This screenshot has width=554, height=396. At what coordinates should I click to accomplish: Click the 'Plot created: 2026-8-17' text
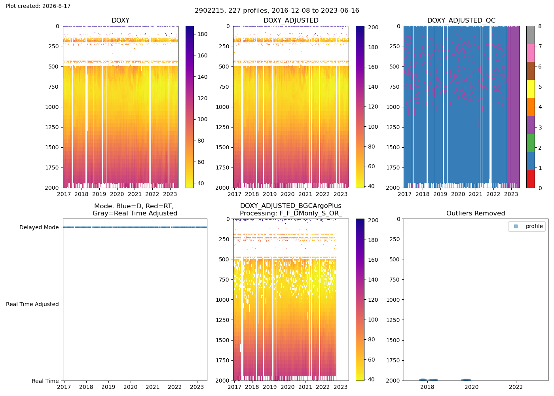38,6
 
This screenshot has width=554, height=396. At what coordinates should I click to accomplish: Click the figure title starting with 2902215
277,10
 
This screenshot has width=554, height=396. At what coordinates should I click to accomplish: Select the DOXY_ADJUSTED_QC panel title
461,20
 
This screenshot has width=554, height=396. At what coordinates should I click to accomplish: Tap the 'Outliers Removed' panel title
476,213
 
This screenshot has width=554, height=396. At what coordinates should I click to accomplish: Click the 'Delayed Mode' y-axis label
39,227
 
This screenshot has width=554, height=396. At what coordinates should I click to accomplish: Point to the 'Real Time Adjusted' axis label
32,304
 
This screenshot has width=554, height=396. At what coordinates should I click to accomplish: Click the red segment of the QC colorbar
531,179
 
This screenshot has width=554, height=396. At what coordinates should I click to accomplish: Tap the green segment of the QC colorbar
531,143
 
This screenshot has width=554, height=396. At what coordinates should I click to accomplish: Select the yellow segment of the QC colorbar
531,89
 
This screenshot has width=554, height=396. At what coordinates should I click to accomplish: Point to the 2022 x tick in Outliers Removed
516,387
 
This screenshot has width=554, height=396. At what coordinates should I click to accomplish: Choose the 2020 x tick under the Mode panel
130,387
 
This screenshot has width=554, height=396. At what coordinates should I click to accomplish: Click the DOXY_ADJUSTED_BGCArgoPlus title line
291,206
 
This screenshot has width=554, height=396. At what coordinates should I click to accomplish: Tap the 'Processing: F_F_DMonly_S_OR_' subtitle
291,213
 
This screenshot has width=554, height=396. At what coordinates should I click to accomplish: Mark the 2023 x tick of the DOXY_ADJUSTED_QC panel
511,194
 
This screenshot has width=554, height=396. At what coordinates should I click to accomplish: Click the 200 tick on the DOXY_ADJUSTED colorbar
373,27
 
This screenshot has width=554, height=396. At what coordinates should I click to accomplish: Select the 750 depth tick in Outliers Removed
395,280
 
